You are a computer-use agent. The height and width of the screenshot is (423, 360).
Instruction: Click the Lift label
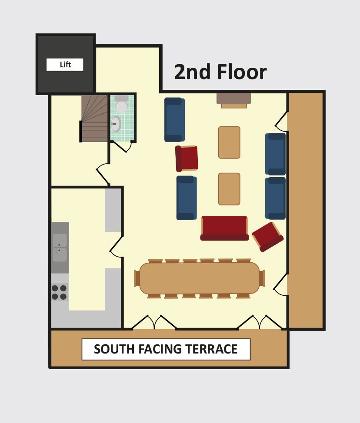(65, 64)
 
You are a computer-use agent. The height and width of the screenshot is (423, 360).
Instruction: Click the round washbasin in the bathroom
(116, 124)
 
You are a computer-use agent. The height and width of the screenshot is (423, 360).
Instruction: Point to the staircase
(94, 118)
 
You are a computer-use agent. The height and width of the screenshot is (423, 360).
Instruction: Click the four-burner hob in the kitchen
(59, 292)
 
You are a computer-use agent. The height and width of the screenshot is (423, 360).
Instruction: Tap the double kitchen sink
(60, 248)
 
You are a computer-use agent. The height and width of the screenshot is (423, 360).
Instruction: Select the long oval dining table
(200, 278)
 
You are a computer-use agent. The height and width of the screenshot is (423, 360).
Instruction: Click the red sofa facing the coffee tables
(224, 228)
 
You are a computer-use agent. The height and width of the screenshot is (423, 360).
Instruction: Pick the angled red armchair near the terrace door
(268, 237)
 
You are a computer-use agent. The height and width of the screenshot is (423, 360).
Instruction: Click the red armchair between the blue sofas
(187, 159)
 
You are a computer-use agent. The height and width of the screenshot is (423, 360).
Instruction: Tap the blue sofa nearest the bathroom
(174, 119)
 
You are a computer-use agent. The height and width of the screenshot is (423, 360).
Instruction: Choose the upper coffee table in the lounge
(229, 142)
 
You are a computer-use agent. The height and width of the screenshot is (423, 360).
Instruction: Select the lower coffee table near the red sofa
(229, 189)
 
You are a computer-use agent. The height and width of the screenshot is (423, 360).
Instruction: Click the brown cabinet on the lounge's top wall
(233, 100)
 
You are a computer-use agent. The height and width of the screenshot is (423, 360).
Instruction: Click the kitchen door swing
(116, 247)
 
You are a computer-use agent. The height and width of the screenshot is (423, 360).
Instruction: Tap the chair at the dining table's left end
(137, 278)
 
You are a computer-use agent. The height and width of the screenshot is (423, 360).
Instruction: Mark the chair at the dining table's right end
(262, 278)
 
